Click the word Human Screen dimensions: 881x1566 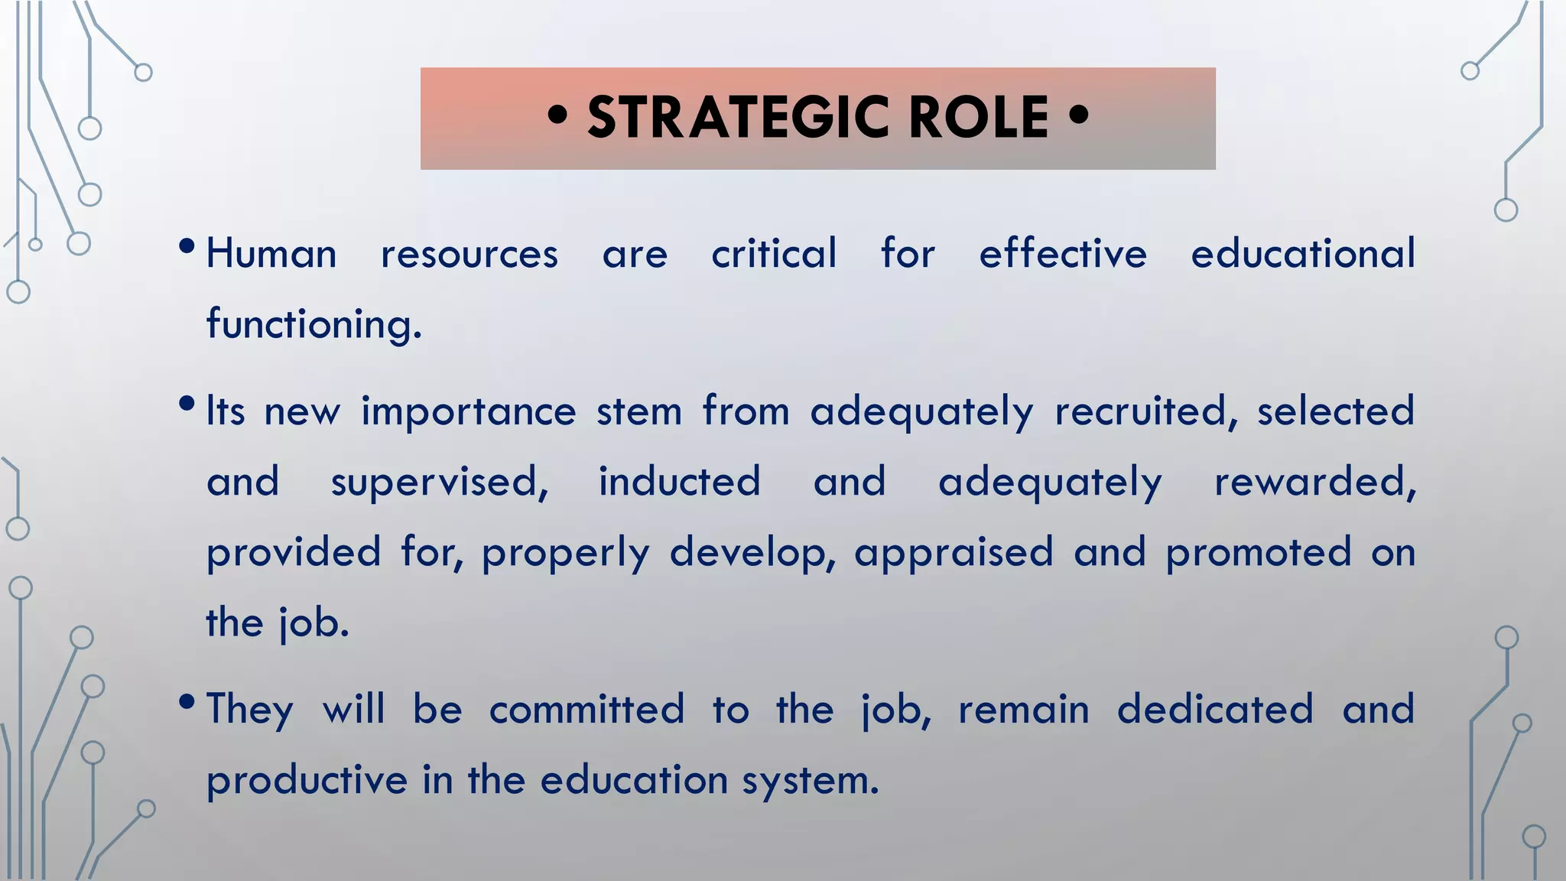[x=271, y=254]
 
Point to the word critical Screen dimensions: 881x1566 [x=774, y=254]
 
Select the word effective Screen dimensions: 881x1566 [x=1063, y=254]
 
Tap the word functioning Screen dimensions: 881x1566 [x=314, y=324]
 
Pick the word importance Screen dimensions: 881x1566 [x=469, y=411]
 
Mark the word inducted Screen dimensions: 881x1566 [x=679, y=482]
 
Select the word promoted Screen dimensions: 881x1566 [x=1259, y=552]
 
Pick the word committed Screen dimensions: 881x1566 [x=586, y=710]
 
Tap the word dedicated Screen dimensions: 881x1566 [x=1215, y=710]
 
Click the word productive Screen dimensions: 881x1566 [x=307, y=782]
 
